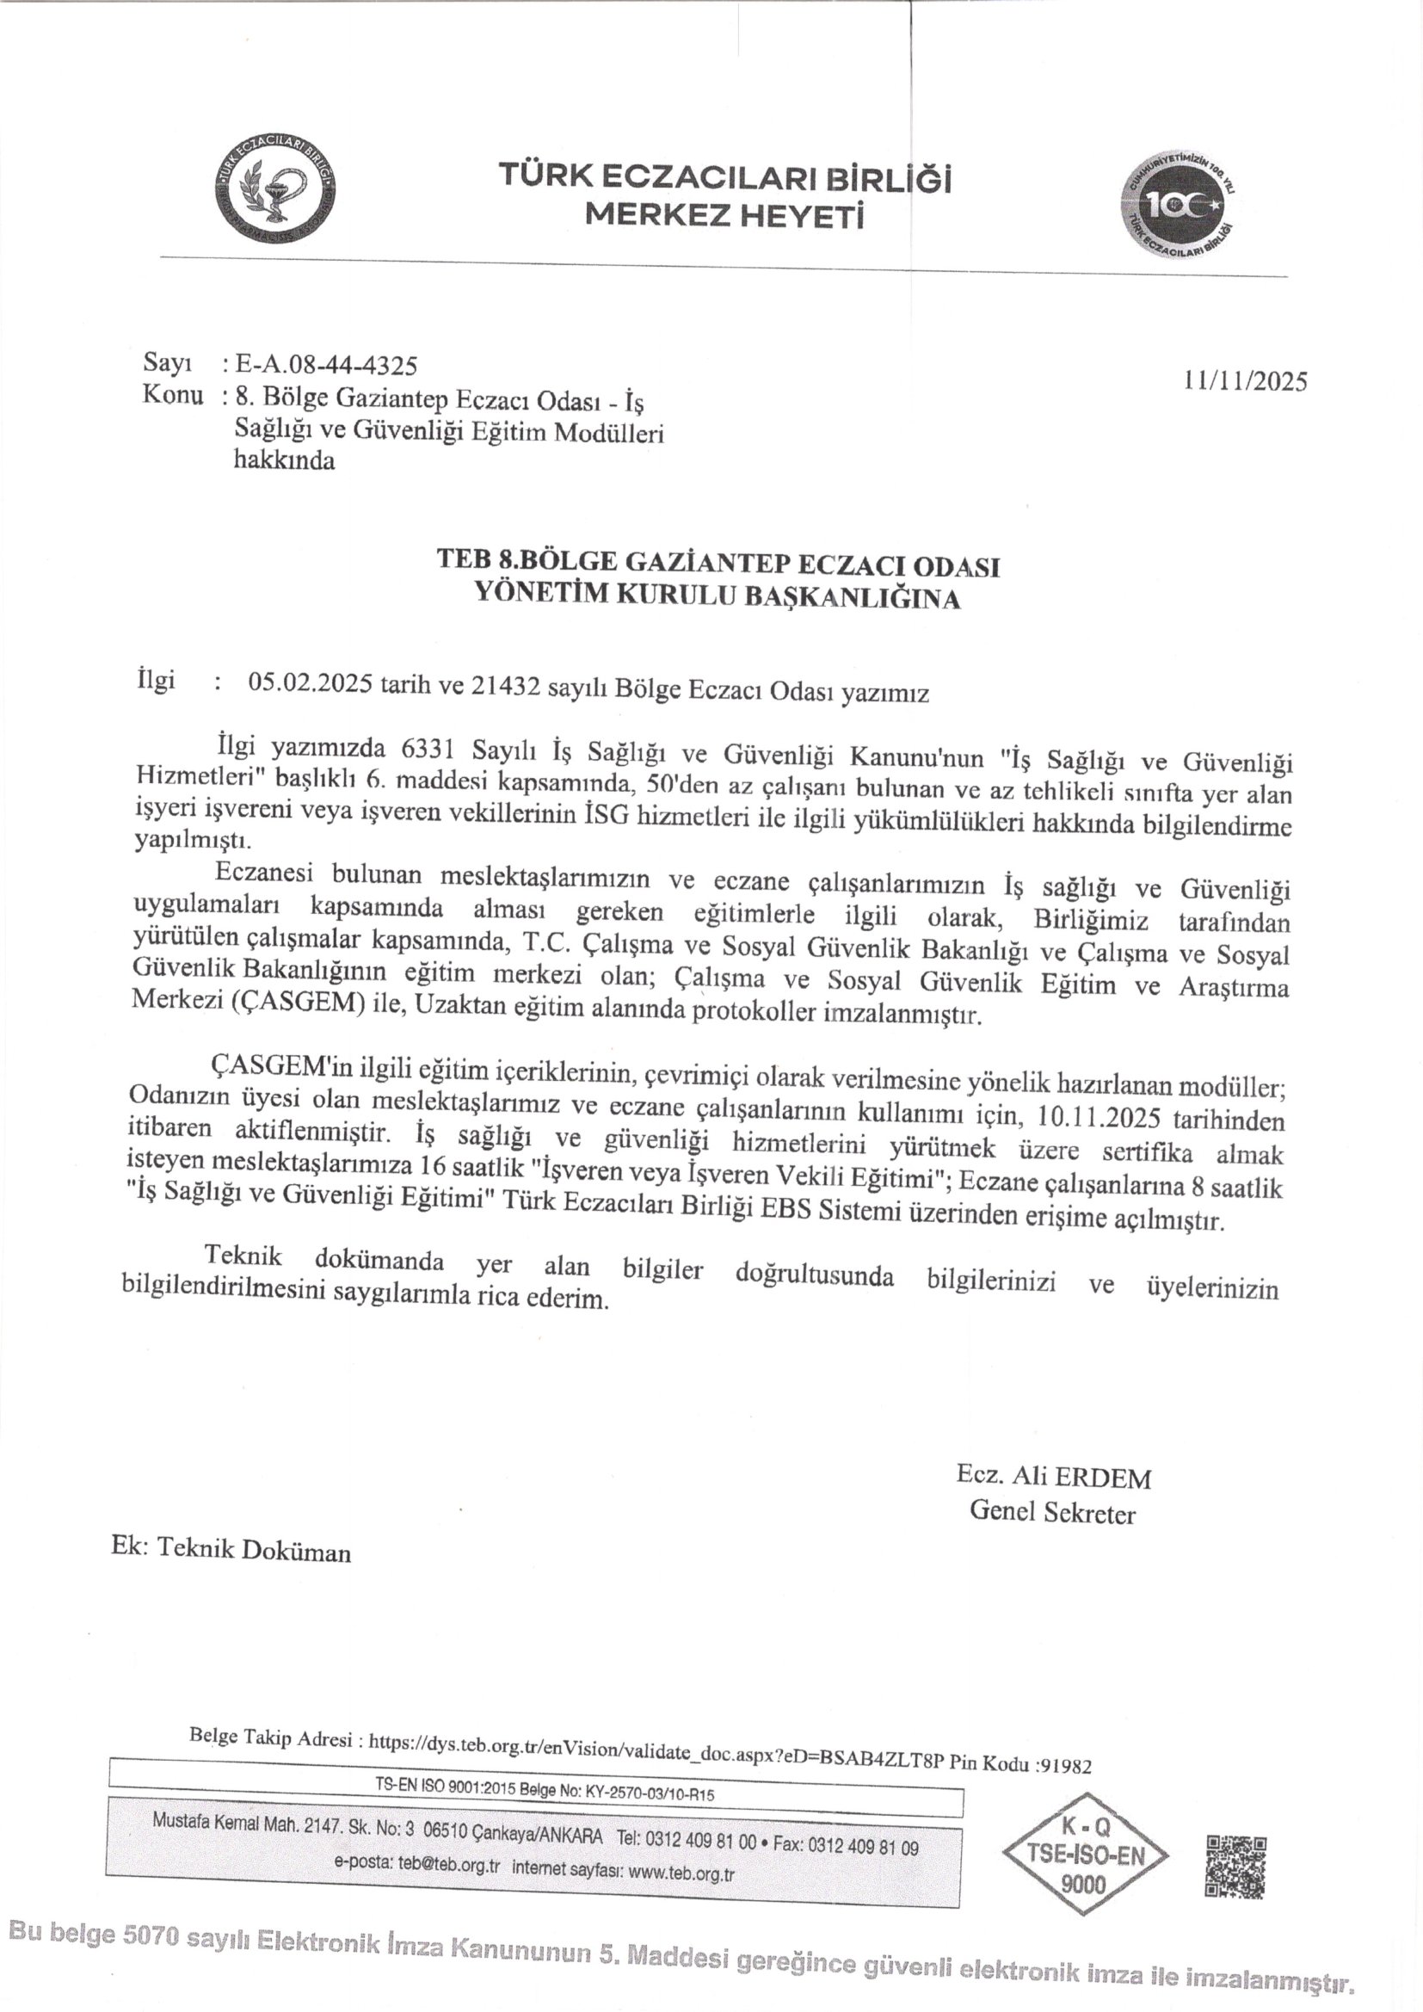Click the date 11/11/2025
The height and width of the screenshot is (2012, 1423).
1244,381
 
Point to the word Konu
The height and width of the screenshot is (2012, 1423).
173,395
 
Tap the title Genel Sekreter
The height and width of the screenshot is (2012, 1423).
1051,1514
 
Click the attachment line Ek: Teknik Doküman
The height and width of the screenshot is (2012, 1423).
231,1550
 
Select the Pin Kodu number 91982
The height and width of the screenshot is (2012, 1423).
1063,1766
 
